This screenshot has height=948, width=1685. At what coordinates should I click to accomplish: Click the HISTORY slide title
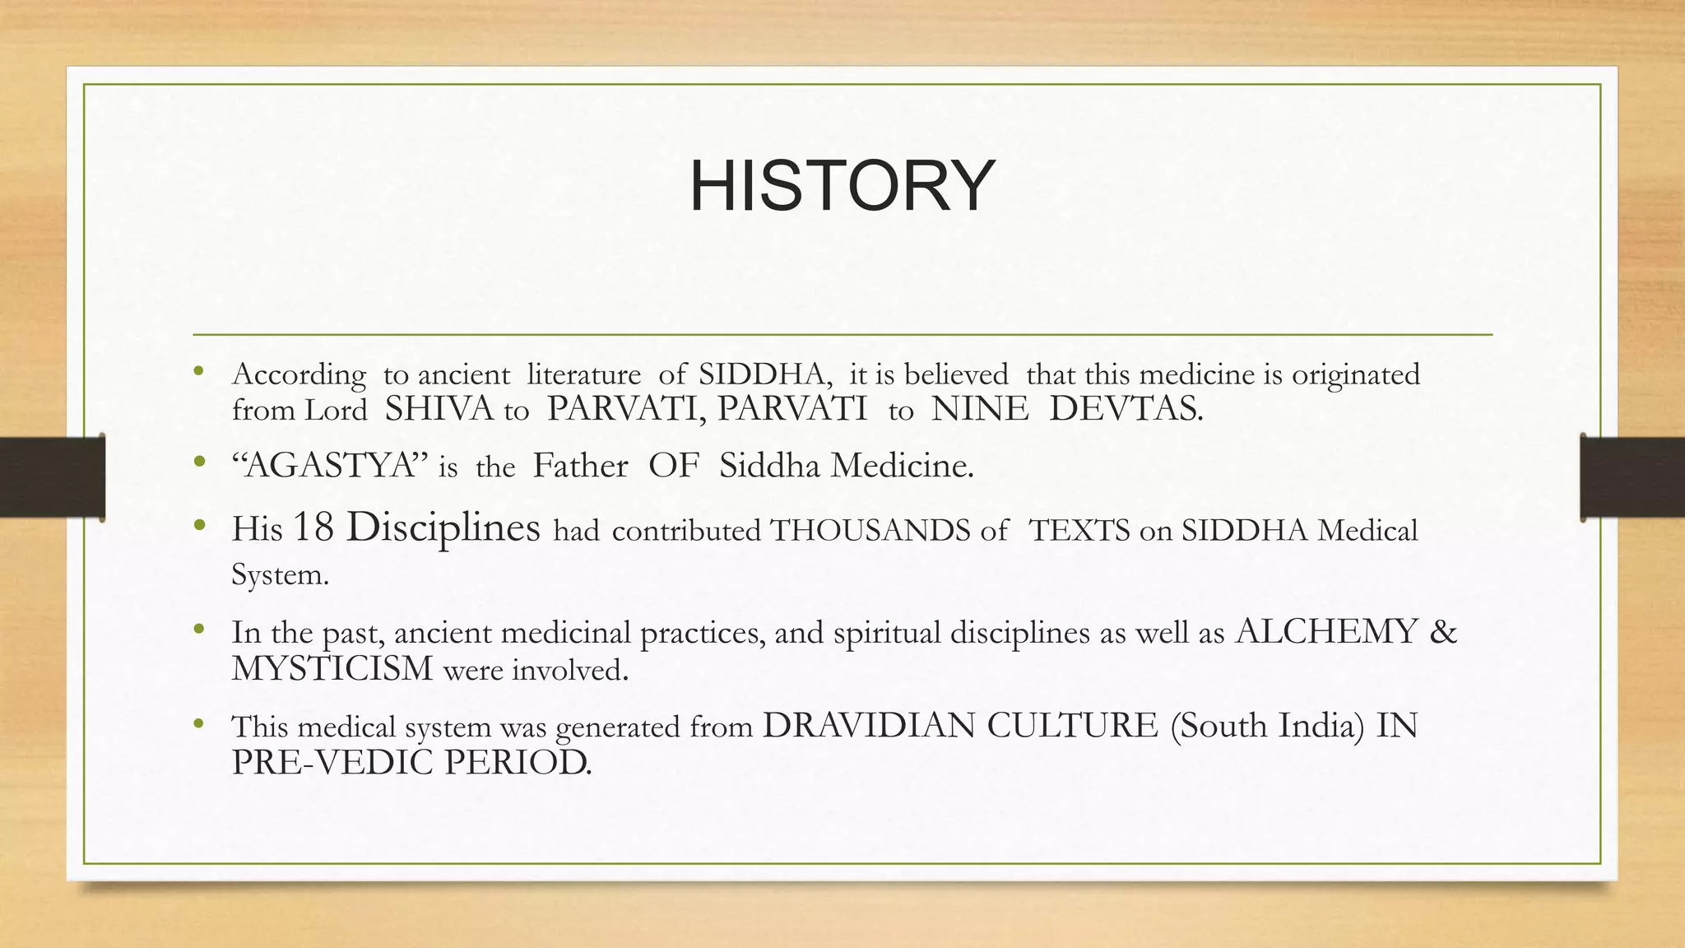(842, 186)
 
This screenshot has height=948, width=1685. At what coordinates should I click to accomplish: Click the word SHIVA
(439, 409)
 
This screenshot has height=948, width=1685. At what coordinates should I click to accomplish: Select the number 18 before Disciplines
(313, 527)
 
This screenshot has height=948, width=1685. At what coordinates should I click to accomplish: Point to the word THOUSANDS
(870, 531)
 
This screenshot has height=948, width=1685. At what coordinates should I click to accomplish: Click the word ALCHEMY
(1326, 632)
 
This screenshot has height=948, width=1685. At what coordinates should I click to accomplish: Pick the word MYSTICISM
(332, 669)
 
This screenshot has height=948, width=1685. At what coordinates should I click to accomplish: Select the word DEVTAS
(1126, 409)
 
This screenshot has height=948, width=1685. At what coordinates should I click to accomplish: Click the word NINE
(979, 409)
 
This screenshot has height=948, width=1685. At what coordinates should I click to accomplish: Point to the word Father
(580, 466)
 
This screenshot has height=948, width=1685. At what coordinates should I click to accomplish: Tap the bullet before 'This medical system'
(198, 724)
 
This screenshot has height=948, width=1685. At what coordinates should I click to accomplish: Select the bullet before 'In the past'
(198, 630)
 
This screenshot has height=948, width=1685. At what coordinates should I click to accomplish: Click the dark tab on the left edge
(52, 477)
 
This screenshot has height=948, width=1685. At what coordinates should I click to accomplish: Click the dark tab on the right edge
(1632, 477)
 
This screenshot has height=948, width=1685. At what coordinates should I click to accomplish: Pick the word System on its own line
(280, 575)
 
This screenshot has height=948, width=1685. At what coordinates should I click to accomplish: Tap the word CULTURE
(1072, 726)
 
